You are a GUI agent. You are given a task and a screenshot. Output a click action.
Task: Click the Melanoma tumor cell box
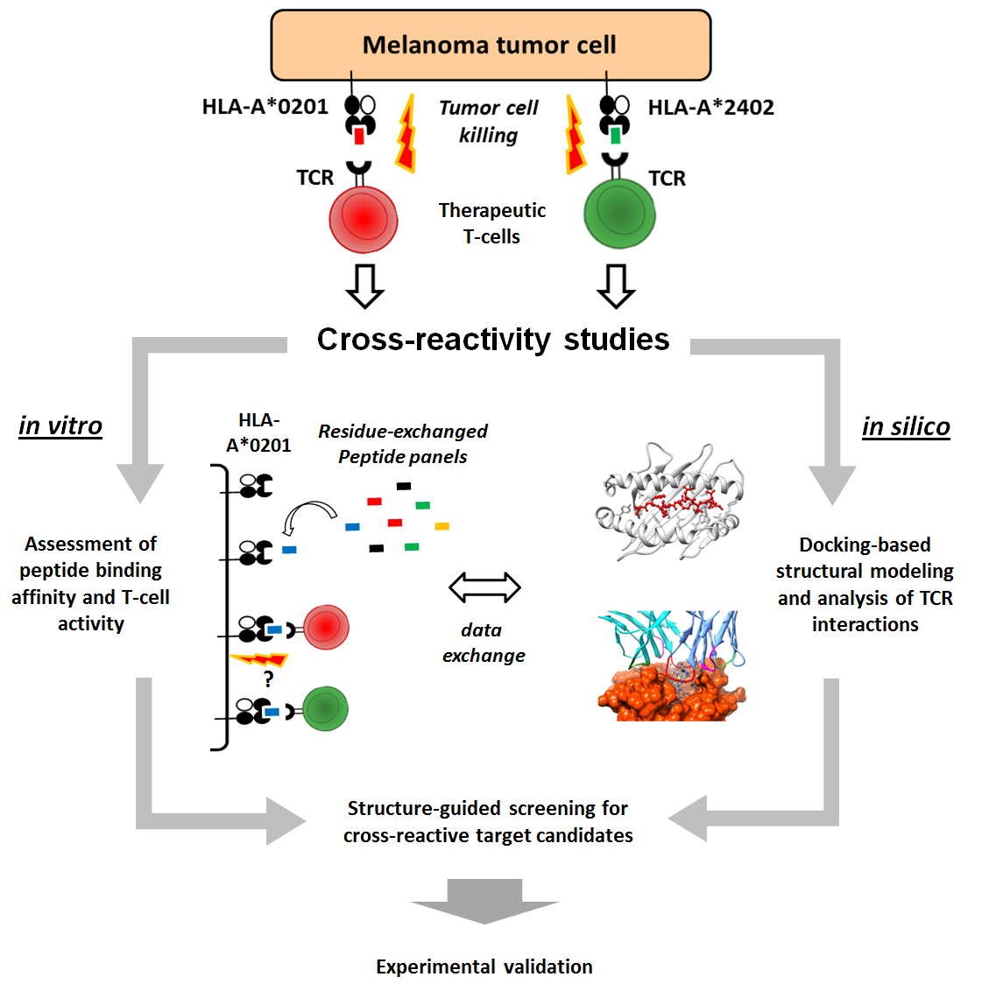coord(491,46)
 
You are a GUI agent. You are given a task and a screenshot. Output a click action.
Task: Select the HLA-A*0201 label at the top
coord(265,107)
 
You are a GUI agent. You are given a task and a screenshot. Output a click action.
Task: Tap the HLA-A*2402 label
coord(710,108)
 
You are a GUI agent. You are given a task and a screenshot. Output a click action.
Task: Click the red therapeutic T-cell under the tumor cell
coord(364,219)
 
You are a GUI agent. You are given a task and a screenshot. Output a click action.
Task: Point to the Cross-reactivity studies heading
coord(492,339)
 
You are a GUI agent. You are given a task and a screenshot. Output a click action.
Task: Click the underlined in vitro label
coord(60,425)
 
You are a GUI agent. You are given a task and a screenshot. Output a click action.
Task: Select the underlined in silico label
coord(906,426)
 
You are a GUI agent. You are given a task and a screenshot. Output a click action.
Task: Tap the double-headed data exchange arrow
coord(484,587)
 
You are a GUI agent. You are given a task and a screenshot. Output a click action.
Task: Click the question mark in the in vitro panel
coord(268,679)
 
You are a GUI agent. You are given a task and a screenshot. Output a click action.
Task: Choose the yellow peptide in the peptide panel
coord(442,526)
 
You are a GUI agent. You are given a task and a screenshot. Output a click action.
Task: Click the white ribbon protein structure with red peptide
coord(671,501)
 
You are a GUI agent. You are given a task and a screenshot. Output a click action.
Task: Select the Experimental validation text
coord(484,966)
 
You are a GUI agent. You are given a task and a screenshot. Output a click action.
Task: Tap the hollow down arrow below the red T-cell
coord(364,285)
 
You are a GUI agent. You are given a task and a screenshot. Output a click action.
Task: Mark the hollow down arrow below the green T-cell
coord(616,285)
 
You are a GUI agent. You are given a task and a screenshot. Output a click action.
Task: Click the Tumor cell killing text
coord(489,121)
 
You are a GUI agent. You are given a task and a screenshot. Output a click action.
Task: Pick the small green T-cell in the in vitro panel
coord(326,708)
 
